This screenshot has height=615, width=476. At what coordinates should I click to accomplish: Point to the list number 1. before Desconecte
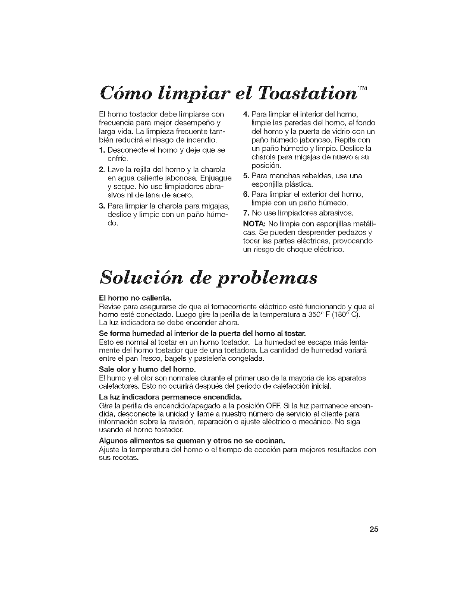(x=102, y=150)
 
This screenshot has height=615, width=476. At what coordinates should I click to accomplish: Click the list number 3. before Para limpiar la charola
(x=102, y=205)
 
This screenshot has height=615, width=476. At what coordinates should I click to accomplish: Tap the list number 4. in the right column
(x=245, y=114)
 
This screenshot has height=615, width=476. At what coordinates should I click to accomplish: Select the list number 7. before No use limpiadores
(x=245, y=213)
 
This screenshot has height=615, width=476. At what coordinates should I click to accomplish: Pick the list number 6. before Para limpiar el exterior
(x=245, y=194)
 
